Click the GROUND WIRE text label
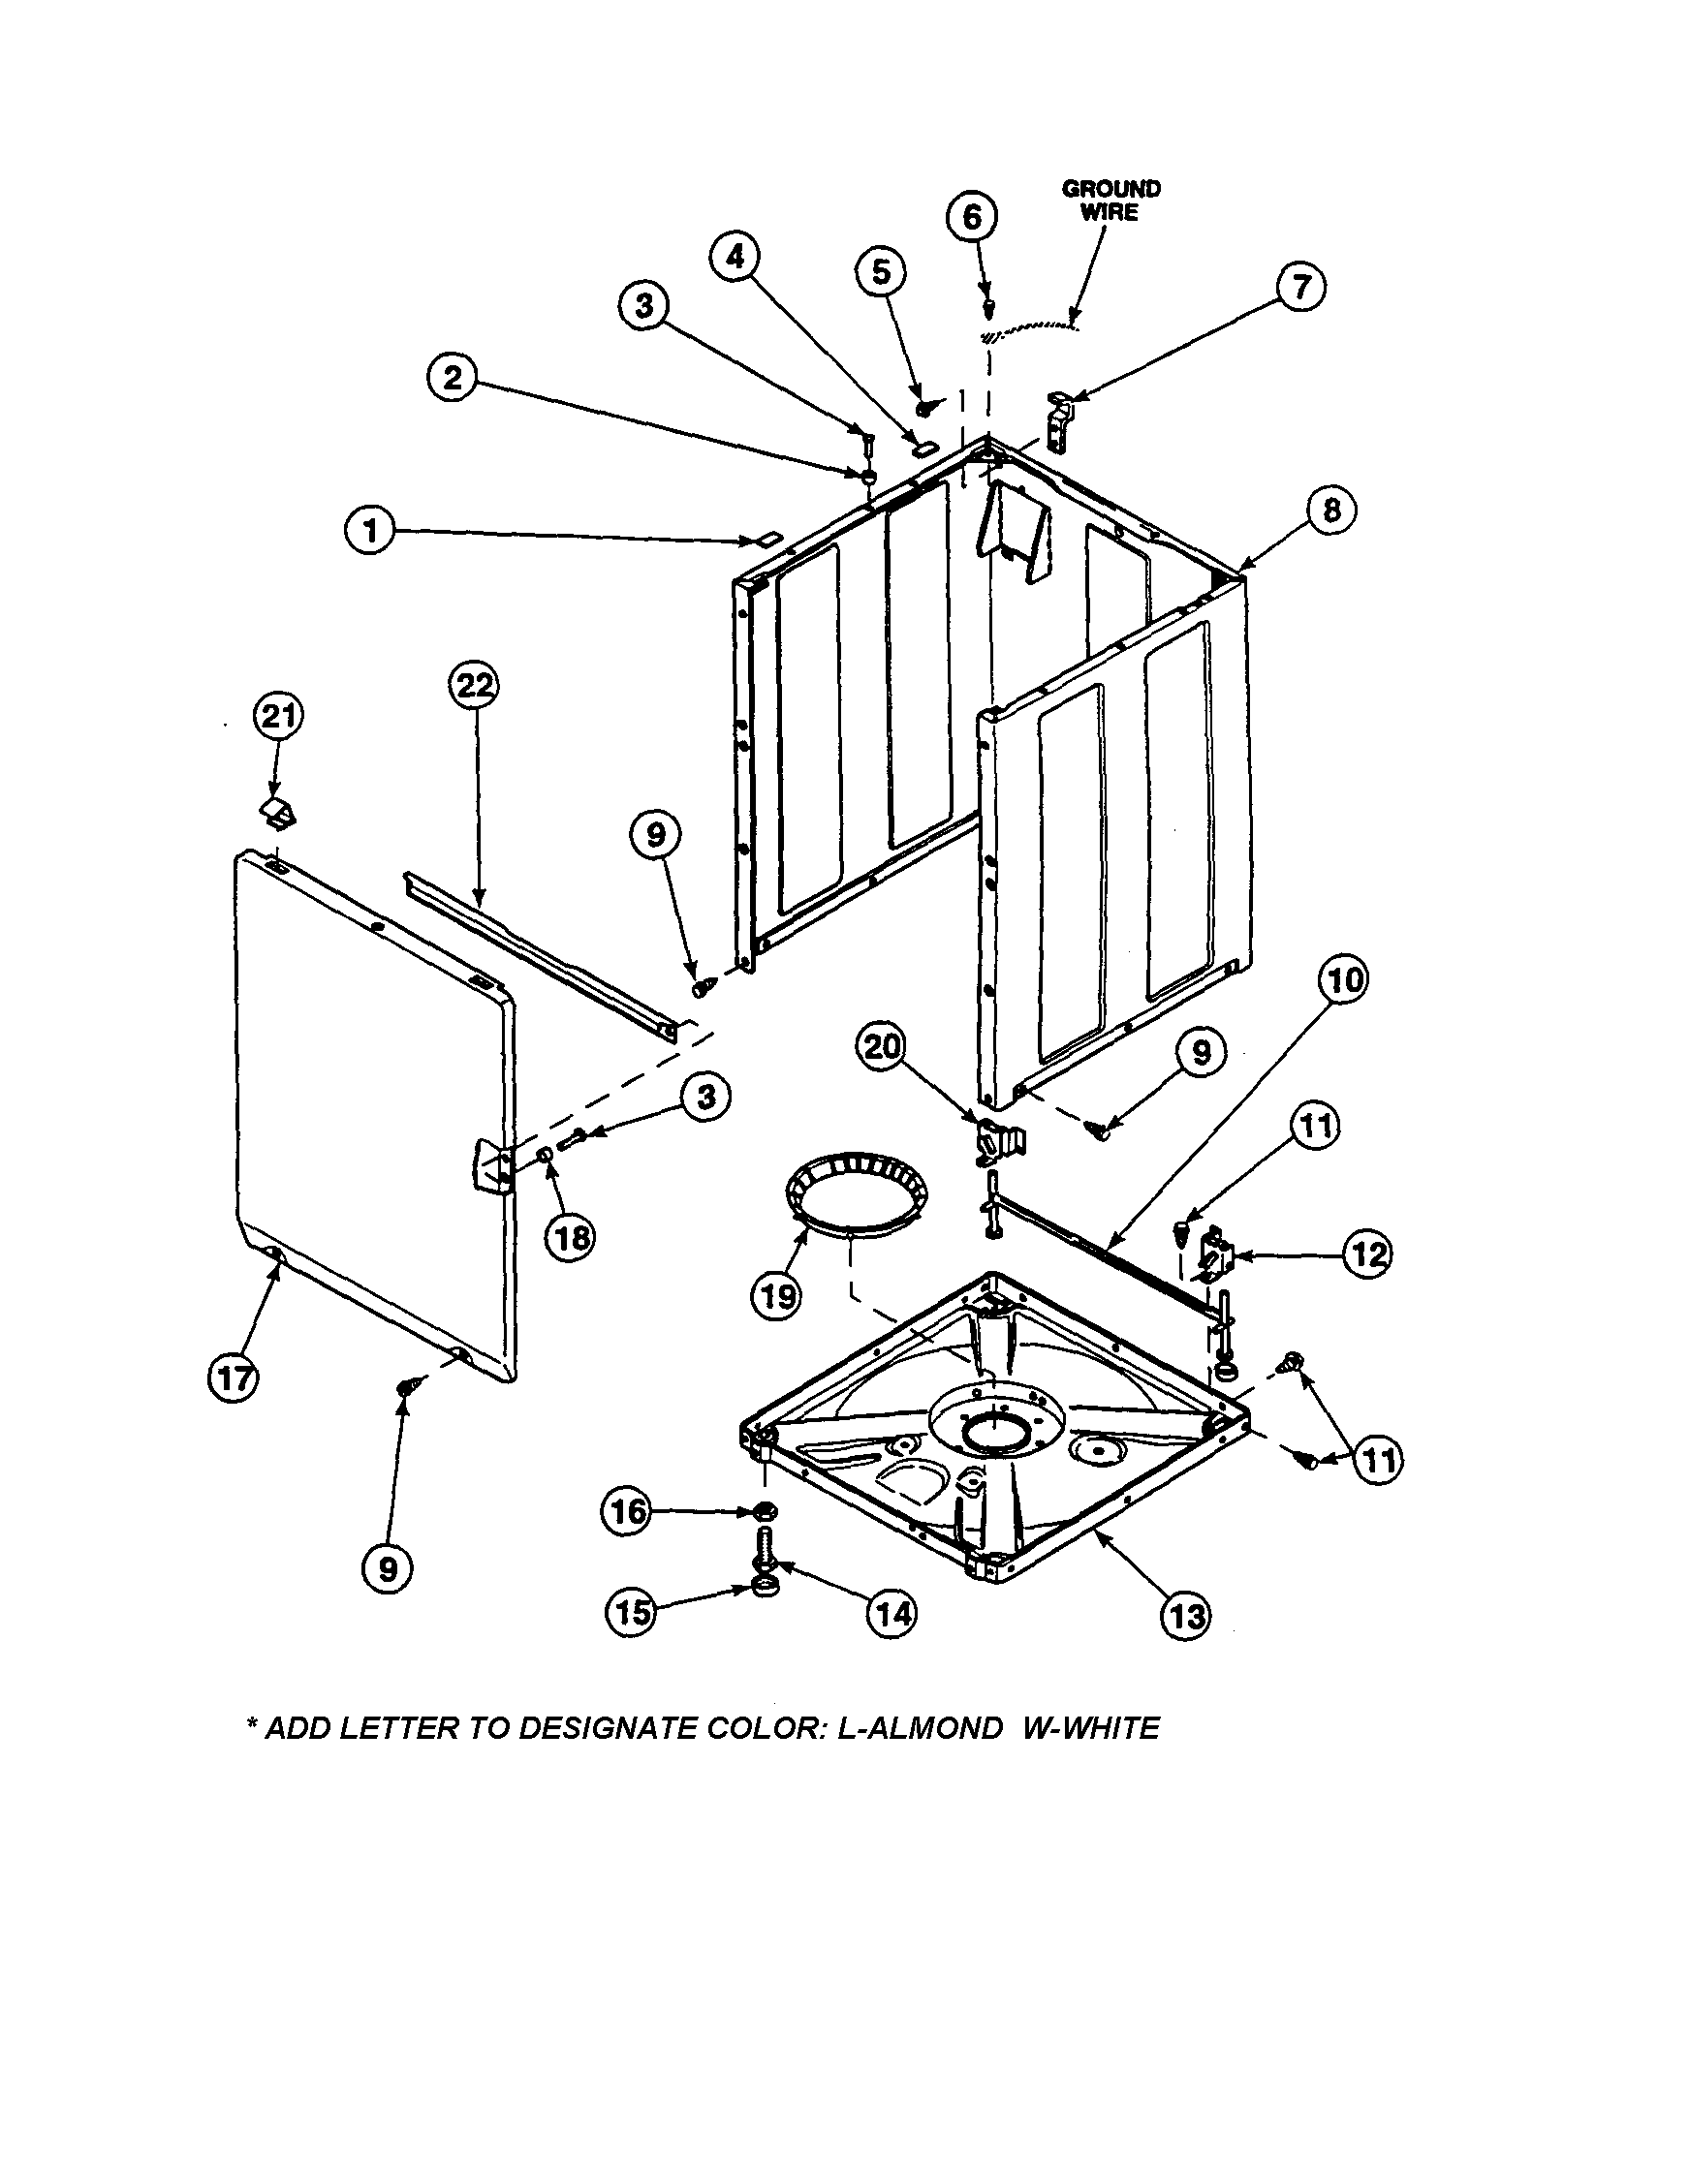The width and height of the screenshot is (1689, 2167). (x=1110, y=201)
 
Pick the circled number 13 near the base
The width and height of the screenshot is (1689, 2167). (x=1186, y=1616)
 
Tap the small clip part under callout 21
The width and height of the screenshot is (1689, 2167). (x=281, y=812)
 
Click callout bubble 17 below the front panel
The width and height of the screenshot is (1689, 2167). (x=235, y=1379)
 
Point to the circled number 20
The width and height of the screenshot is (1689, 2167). (x=883, y=1047)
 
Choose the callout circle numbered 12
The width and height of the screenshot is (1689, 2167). (x=1366, y=1255)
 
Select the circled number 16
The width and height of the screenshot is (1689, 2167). (x=626, y=1511)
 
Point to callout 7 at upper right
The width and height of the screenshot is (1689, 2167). (x=1300, y=287)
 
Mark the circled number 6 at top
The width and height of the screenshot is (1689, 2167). (x=972, y=216)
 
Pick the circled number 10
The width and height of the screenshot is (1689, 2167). (x=1342, y=980)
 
